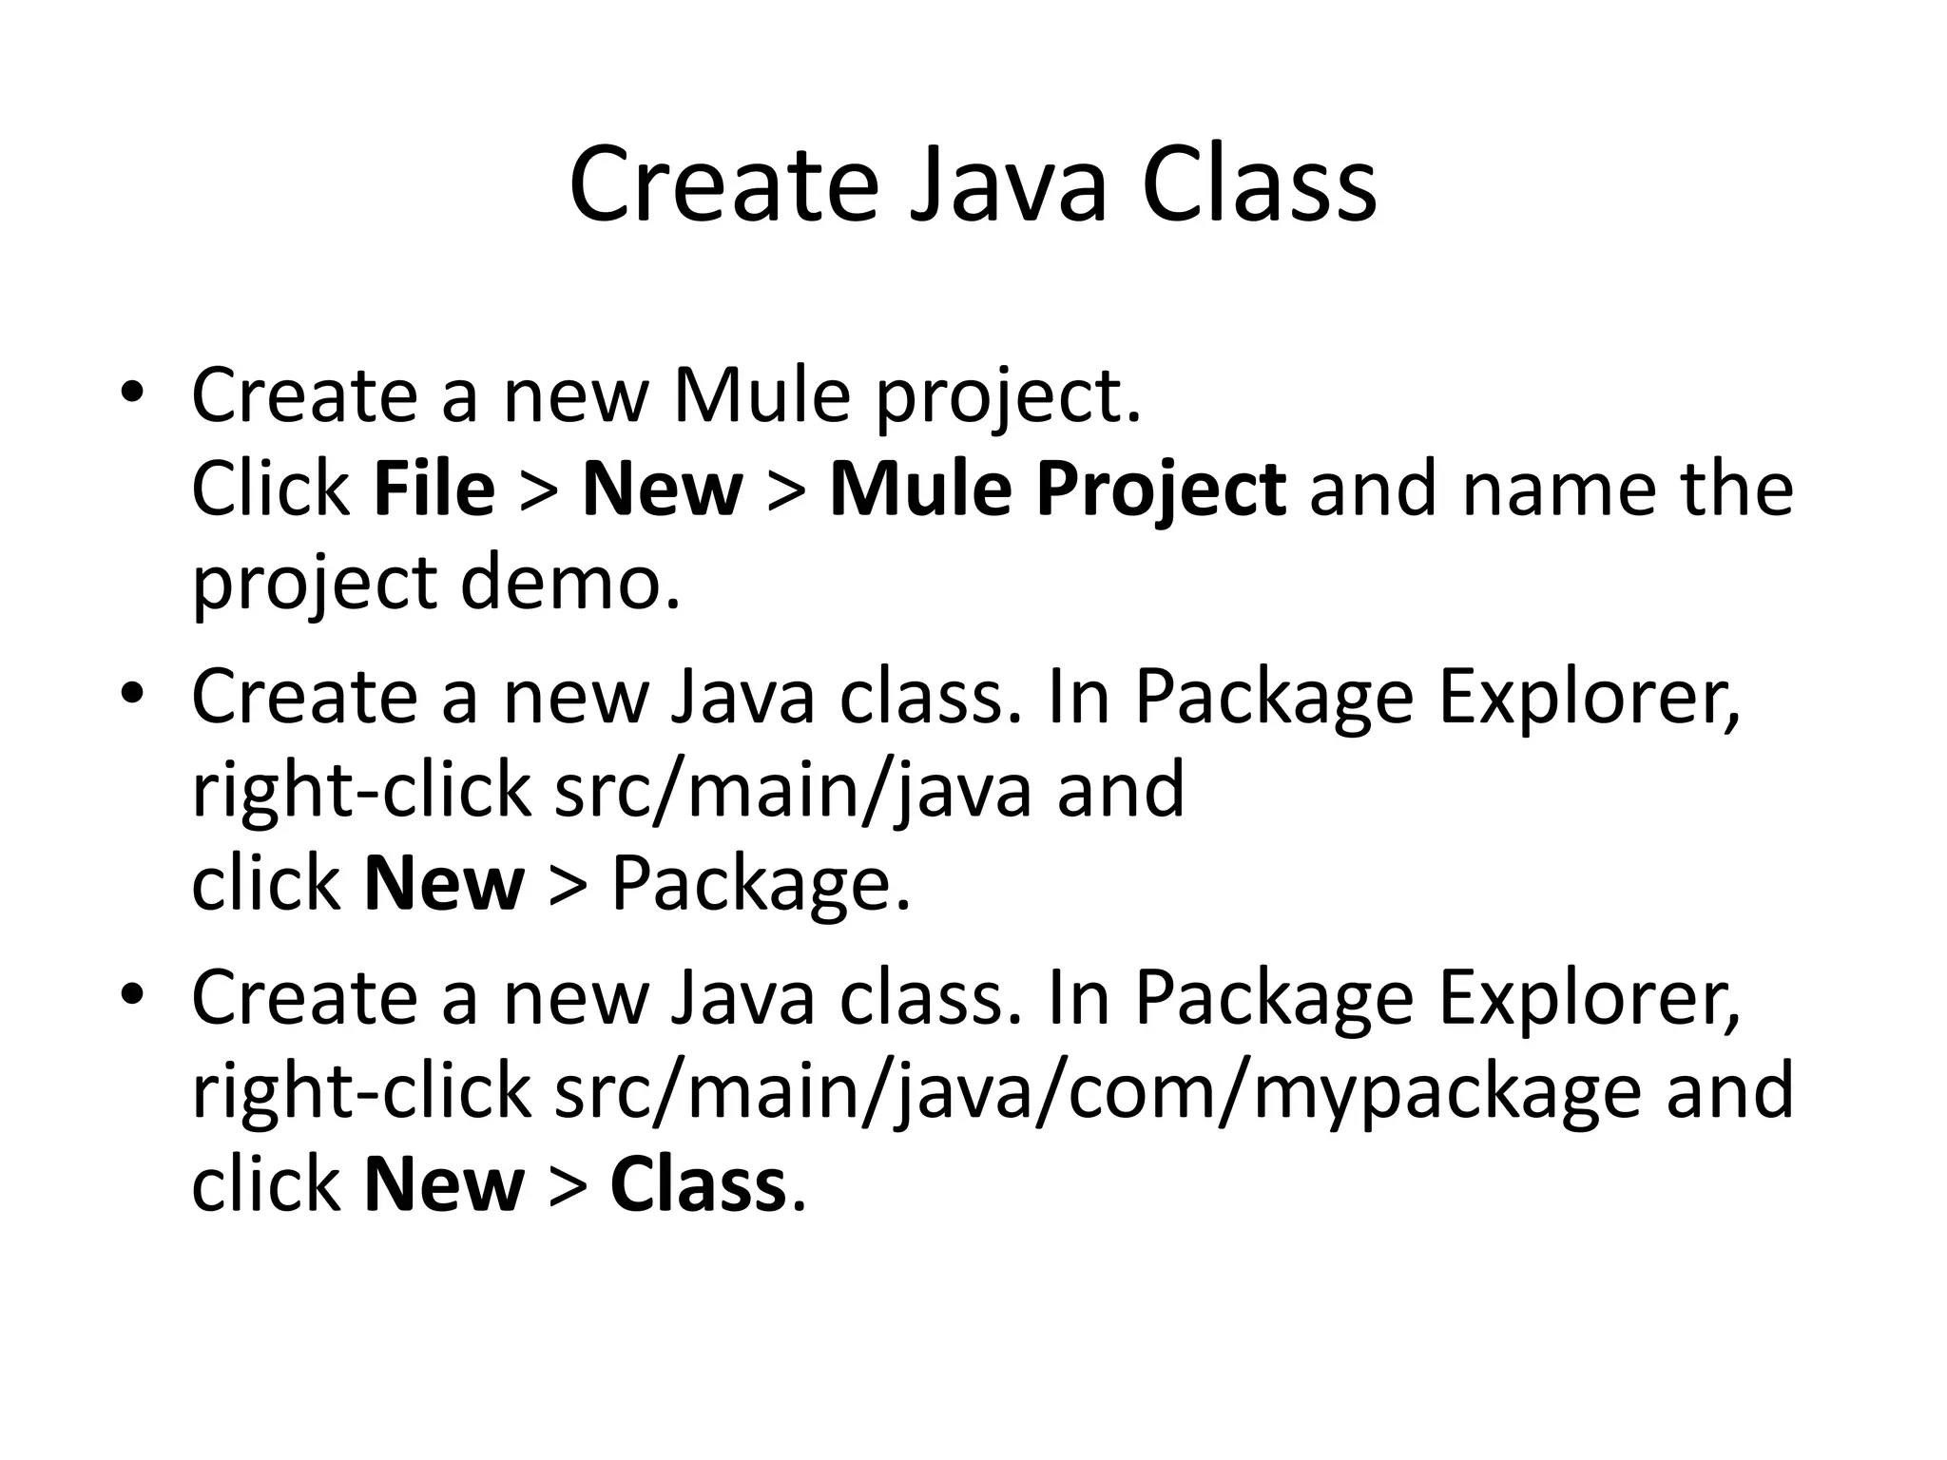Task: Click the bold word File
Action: (x=434, y=490)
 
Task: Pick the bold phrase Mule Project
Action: (x=1058, y=490)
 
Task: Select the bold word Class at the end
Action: (x=698, y=1185)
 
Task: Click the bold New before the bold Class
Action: (x=444, y=1185)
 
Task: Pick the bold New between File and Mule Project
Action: (x=662, y=490)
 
